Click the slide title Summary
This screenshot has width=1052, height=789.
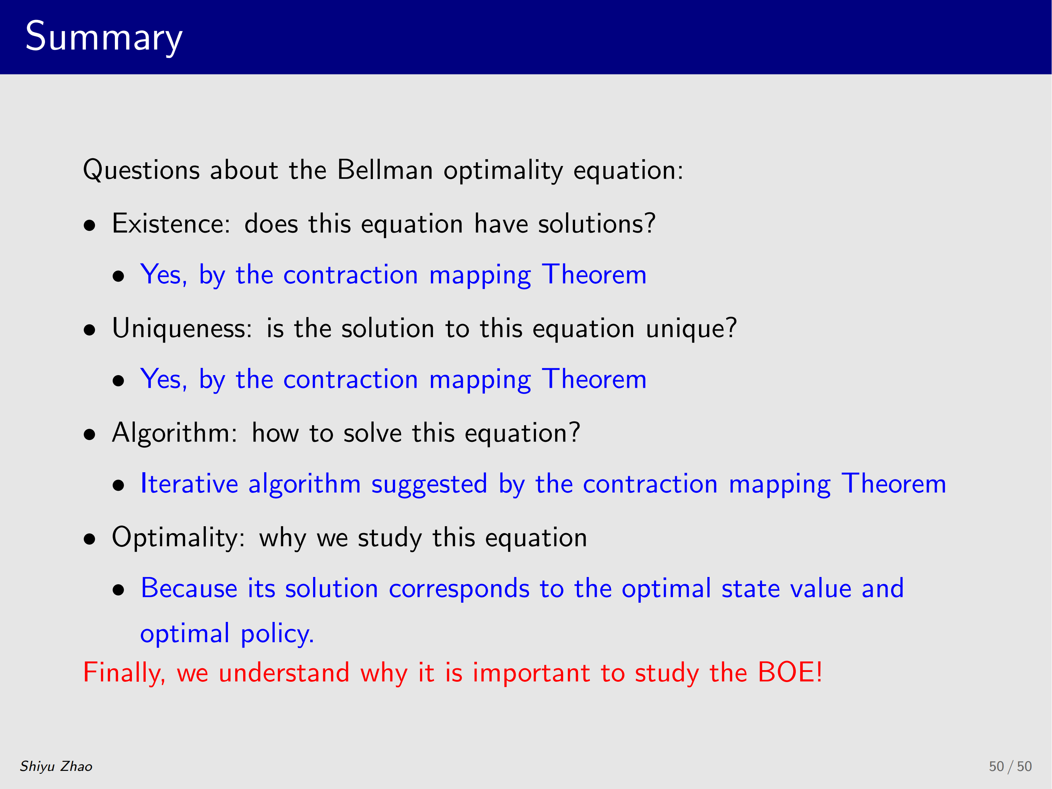pyautogui.click(x=104, y=37)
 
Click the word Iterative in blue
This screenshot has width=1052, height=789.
pyautogui.click(x=189, y=484)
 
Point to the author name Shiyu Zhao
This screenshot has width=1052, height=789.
pyautogui.click(x=56, y=766)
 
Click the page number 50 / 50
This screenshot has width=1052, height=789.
pyautogui.click(x=1010, y=766)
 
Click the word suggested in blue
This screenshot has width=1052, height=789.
pyautogui.click(x=429, y=485)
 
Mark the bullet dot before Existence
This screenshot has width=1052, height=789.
pyautogui.click(x=90, y=226)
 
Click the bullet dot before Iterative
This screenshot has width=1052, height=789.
pyautogui.click(x=118, y=486)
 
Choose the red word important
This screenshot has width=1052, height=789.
pyautogui.click(x=531, y=673)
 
